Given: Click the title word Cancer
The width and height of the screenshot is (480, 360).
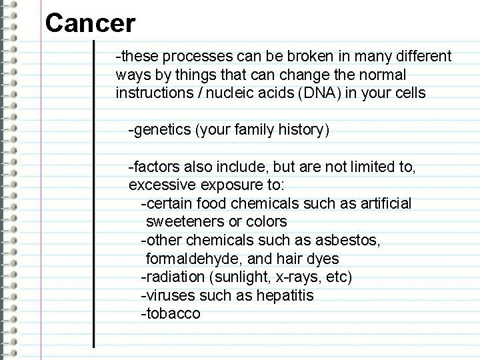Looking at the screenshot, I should click(90, 24).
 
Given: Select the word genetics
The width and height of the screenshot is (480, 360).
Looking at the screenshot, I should click(162, 129).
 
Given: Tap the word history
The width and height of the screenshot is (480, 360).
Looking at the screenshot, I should click(304, 129).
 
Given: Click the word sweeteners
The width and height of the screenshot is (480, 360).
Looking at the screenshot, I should click(180, 221).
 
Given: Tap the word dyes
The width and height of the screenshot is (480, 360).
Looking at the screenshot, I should click(325, 258).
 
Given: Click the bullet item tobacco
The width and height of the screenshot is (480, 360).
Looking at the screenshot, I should click(171, 313).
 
